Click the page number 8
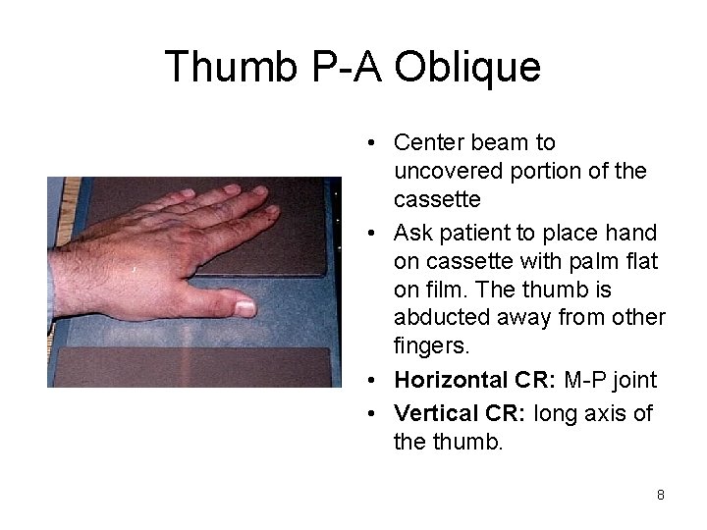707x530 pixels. click(661, 495)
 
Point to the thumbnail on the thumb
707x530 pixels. click(244, 307)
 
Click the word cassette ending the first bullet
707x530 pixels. click(435, 199)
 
